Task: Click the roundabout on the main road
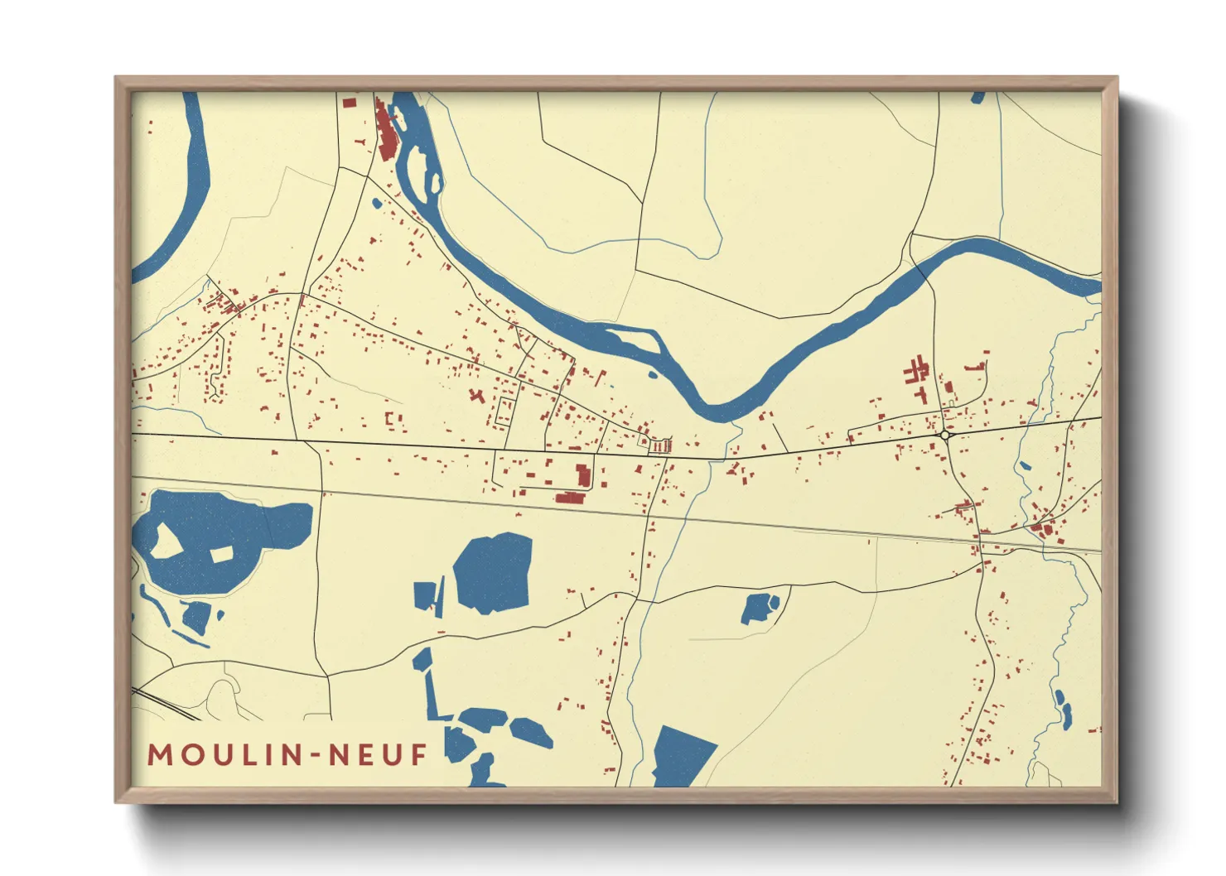pos(944,435)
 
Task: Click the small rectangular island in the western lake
pos(221,554)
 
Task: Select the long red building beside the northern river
pos(385,132)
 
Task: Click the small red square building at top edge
pos(349,103)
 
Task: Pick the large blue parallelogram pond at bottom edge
pos(683,755)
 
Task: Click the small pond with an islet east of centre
pos(759,608)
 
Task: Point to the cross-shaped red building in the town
pos(476,395)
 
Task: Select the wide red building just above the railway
pos(570,498)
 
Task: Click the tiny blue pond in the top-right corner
pos(977,98)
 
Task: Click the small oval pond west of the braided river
pos(377,202)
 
